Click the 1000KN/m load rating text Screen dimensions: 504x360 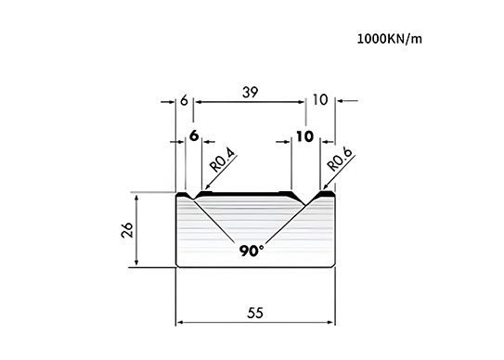point(389,39)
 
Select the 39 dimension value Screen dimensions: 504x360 point(250,92)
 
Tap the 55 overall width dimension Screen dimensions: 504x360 point(255,313)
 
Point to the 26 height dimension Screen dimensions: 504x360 point(127,229)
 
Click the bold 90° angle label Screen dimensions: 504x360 point(252,251)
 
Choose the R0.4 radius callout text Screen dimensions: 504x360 point(223,161)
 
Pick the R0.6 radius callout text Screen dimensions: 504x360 point(340,160)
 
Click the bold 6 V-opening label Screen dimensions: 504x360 point(194,136)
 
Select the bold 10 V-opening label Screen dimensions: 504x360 point(304,136)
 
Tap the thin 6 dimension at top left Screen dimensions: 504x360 point(184,100)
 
